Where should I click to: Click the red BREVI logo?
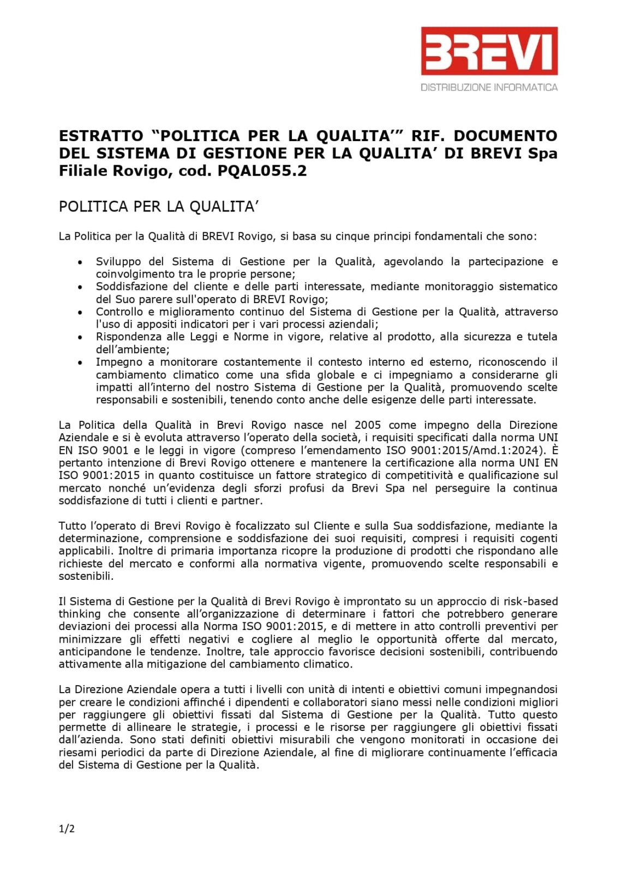tap(489, 51)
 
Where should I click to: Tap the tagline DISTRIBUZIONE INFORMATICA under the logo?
tap(489, 87)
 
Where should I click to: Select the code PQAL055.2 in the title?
tap(262, 171)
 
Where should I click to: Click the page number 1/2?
tap(67, 829)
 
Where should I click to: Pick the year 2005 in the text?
tap(368, 425)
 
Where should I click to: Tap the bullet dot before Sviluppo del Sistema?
tap(80, 262)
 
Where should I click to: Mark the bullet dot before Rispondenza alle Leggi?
tap(80, 337)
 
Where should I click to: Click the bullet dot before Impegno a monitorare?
tap(80, 362)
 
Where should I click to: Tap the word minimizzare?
tap(87, 639)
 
